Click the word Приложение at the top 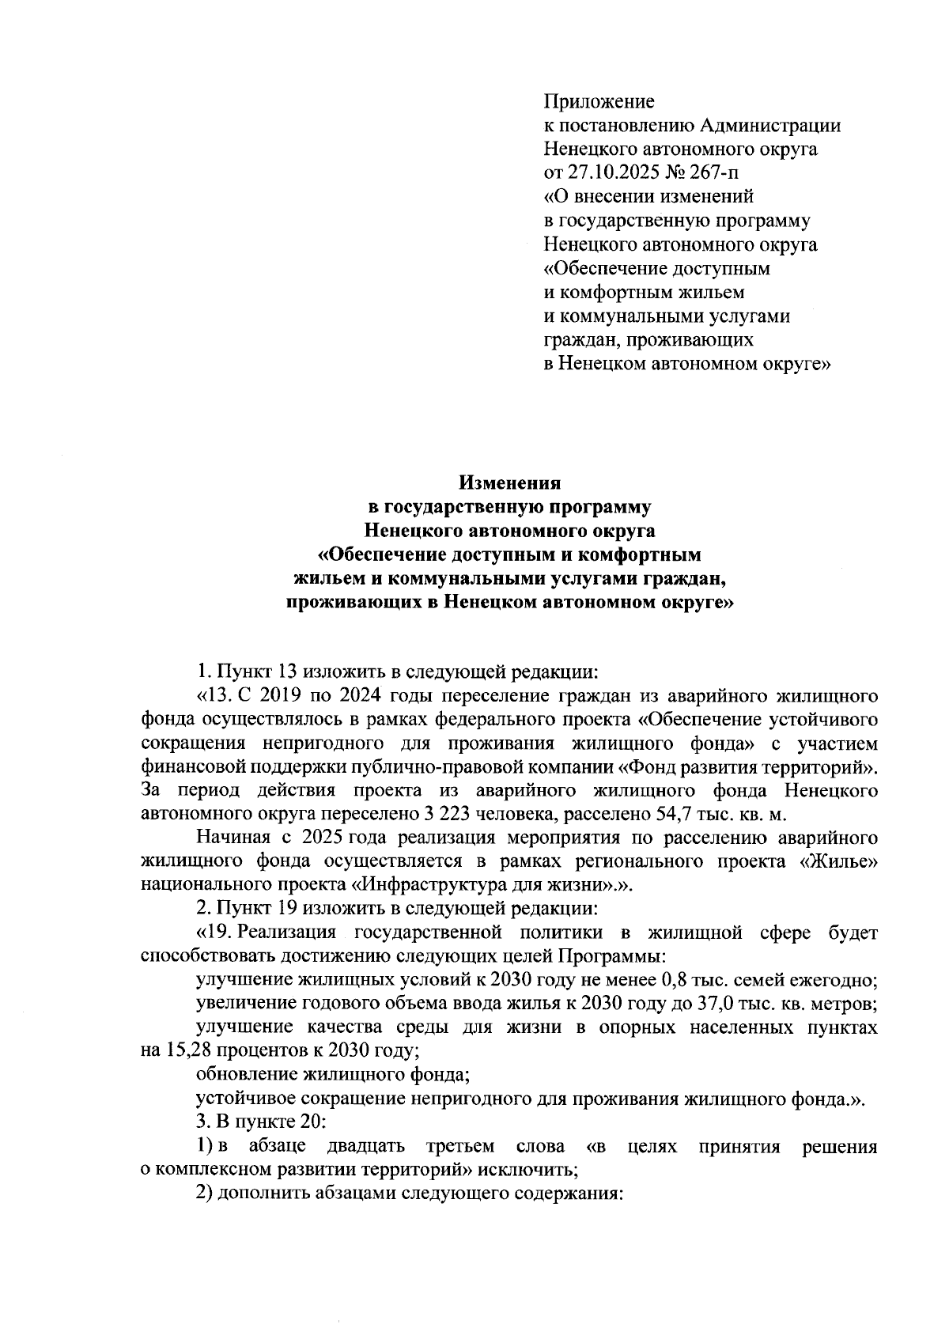click(x=599, y=102)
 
